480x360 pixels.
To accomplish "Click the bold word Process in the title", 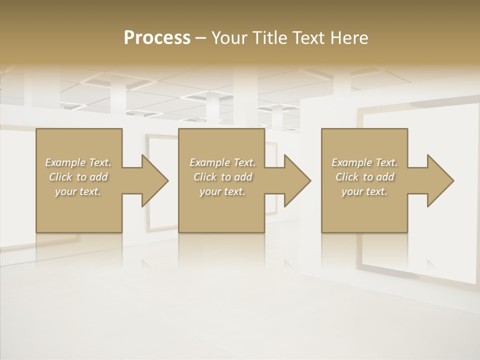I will tap(157, 38).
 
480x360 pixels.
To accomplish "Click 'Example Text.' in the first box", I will tap(78, 162).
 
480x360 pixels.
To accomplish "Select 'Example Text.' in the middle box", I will tap(222, 162).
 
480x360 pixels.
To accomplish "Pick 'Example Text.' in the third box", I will tap(364, 162).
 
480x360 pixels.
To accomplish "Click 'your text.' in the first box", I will tap(78, 191).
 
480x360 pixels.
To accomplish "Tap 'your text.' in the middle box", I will tap(222, 191).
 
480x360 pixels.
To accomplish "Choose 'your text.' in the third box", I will tap(364, 191).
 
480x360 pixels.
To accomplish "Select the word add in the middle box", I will tap(243, 177).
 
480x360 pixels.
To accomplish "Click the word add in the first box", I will tap(98, 177).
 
